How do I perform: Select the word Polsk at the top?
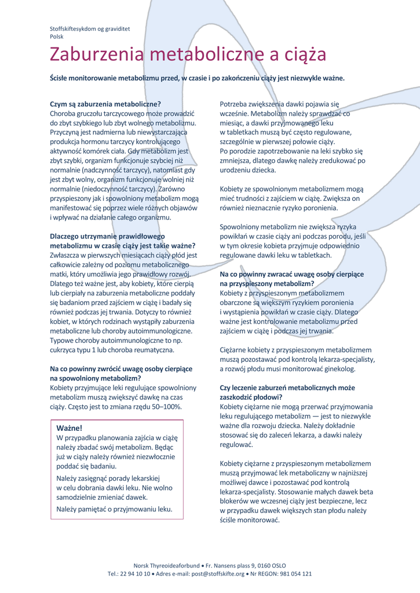pos(57,36)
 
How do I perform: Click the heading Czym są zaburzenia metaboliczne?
pos(105,104)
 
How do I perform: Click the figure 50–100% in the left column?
pos(165,407)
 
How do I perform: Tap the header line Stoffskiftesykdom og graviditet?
pos(90,28)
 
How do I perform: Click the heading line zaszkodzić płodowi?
pos(251,397)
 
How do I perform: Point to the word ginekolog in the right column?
pos(338,369)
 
